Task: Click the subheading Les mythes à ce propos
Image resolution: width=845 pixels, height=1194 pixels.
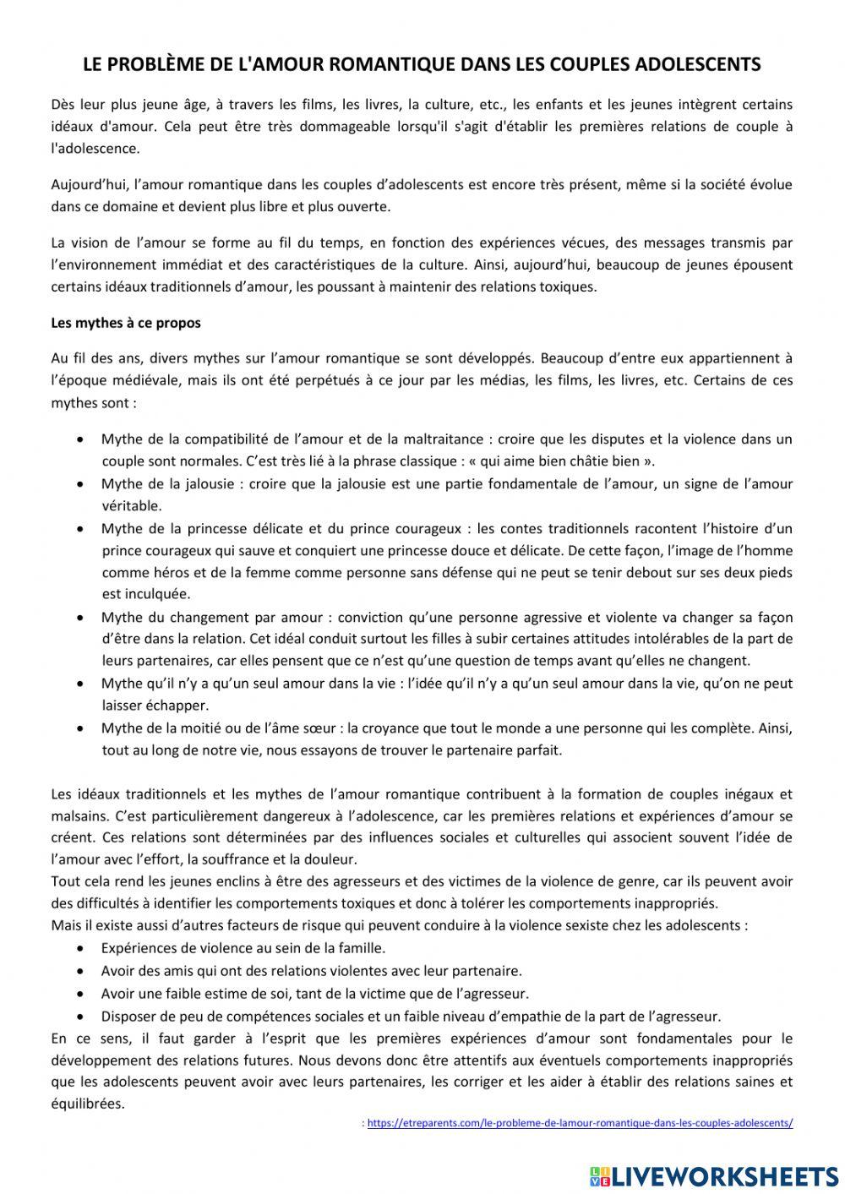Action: tap(126, 323)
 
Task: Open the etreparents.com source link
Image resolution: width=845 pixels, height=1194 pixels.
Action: tap(581, 1123)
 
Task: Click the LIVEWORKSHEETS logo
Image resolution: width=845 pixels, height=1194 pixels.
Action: tap(714, 1175)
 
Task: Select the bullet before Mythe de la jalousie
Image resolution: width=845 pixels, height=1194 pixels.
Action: tap(79, 485)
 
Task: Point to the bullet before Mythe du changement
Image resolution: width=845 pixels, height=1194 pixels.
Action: tap(79, 618)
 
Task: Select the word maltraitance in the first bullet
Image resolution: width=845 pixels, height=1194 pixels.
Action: tap(443, 439)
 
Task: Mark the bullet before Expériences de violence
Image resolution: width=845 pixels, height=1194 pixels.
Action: tap(79, 949)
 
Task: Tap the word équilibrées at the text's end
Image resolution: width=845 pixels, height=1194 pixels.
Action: tap(87, 1104)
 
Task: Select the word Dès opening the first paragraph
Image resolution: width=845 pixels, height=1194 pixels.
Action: tap(63, 105)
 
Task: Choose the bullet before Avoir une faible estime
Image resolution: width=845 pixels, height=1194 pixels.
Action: tap(79, 994)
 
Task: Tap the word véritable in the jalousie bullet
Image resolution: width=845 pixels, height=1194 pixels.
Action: tap(132, 506)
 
